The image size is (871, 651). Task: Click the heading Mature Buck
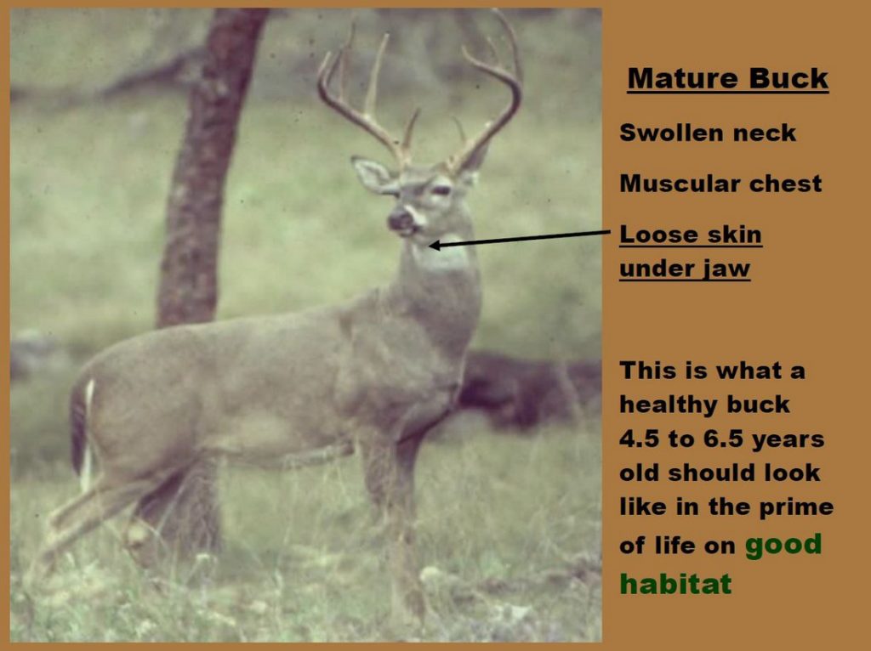(727, 79)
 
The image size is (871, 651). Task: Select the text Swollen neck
(708, 133)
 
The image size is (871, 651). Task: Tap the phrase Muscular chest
(720, 184)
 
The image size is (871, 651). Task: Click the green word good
(783, 544)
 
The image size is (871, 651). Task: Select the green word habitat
(675, 584)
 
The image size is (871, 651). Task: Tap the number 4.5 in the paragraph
(640, 439)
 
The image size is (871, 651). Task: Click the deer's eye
(440, 190)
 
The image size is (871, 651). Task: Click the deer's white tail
(88, 425)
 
